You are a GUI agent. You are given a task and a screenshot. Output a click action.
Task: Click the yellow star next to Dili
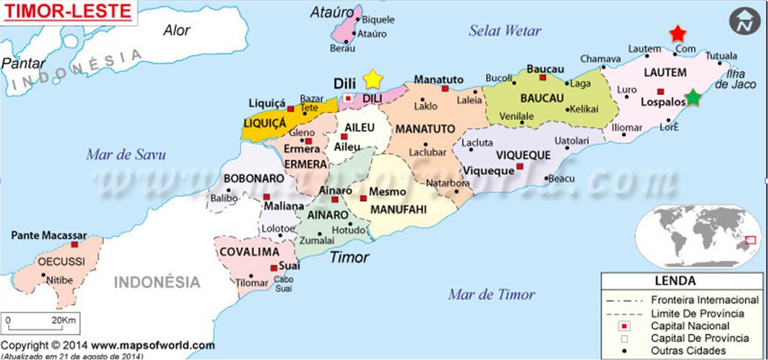tap(373, 79)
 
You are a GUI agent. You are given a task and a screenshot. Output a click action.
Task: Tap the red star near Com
tap(677, 34)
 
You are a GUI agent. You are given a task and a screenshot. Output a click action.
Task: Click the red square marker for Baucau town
tap(543, 77)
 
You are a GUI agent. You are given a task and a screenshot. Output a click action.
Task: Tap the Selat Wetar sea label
tap(505, 30)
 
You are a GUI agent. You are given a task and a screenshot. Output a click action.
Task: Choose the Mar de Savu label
tap(125, 154)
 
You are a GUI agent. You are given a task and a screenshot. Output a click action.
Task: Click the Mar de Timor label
tap(490, 295)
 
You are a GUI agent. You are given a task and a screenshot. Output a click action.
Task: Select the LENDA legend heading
tap(675, 281)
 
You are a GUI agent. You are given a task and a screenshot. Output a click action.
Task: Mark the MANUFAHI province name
tap(398, 209)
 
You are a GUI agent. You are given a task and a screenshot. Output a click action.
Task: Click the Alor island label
tap(177, 30)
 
